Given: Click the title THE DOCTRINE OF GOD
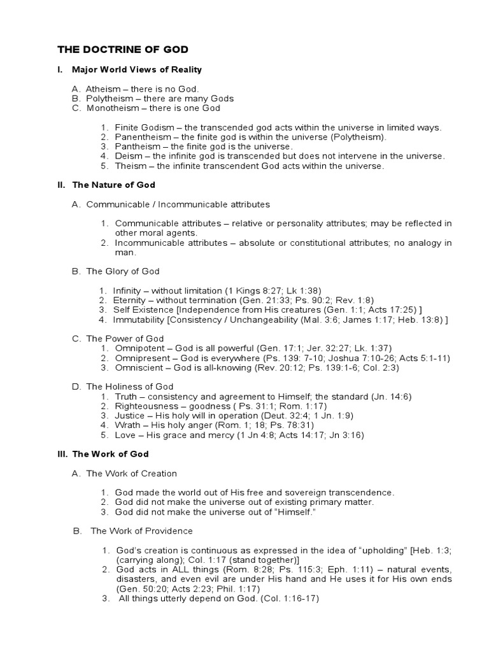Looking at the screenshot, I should tap(123, 49).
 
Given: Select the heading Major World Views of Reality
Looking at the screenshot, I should tap(137, 69).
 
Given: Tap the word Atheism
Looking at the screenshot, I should tap(106, 89).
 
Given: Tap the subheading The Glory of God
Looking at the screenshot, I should tap(122, 271).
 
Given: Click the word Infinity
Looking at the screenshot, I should tap(130, 290).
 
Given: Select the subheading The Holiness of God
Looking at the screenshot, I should tap(129, 386).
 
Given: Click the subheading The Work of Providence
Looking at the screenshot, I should tap(141, 531).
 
